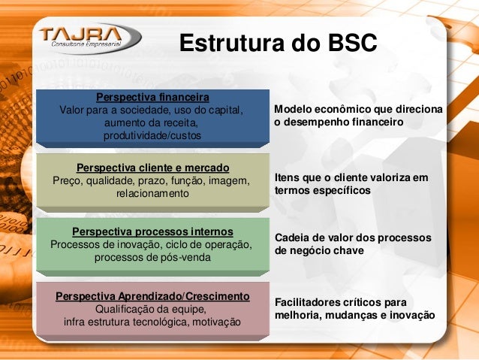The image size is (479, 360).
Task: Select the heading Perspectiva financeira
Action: pos(152,98)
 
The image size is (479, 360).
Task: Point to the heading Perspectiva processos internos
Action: pos(152,231)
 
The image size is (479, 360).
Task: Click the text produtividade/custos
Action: pos(152,135)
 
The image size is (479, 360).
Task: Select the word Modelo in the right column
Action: pos(293,110)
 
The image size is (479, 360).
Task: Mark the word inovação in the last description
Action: pos(411,315)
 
